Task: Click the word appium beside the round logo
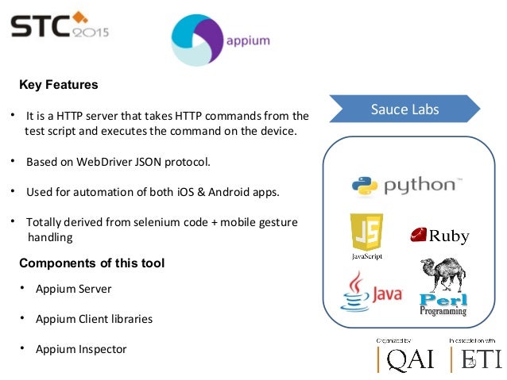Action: pyautogui.click(x=247, y=41)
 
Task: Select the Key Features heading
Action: pyautogui.click(x=58, y=84)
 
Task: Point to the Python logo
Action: pyautogui.click(x=404, y=186)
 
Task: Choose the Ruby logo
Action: pyautogui.click(x=439, y=236)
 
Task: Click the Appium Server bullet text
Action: pyautogui.click(x=73, y=289)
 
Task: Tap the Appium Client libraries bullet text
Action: pyautogui.click(x=94, y=319)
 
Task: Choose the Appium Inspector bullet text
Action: pyautogui.click(x=80, y=349)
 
